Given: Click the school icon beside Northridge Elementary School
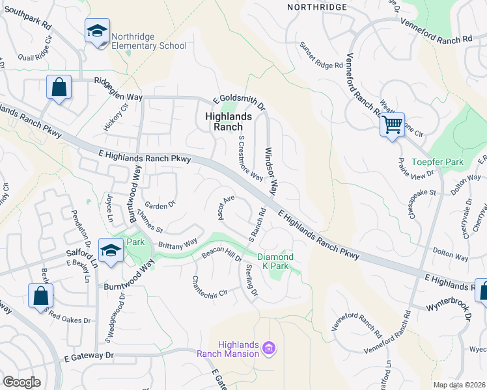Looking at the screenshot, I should click(97, 31).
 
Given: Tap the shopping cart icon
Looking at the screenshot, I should click(393, 123).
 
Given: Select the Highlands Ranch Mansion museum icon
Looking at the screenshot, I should click(268, 350).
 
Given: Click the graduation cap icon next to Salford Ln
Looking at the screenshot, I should click(111, 250).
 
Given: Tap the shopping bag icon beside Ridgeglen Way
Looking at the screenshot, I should click(59, 87).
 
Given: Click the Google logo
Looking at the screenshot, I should click(21, 382).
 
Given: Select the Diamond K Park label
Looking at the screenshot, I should click(275, 261).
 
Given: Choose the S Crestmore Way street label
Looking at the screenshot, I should click(251, 158).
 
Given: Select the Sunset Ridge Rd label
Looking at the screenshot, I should click(320, 56).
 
